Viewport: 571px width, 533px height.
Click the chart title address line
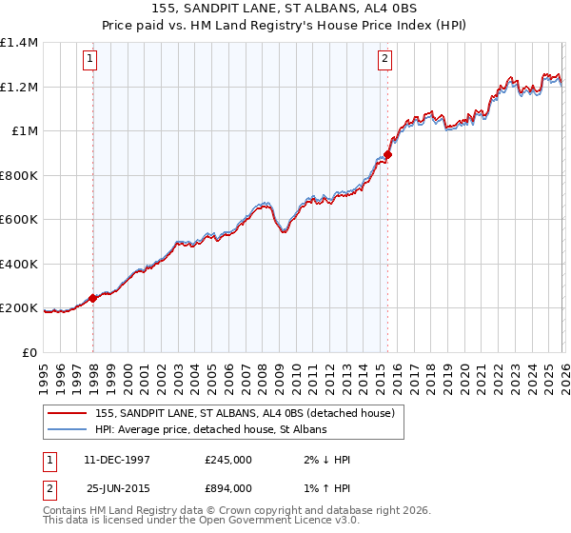pos(285,8)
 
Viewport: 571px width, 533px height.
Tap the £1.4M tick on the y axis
pos(19,43)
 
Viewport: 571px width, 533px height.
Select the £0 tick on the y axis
pos(31,352)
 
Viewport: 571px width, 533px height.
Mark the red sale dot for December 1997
pos(93,298)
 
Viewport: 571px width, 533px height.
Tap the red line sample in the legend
pos(69,412)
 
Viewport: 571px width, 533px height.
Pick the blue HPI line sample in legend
pos(69,430)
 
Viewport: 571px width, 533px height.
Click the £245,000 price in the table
pos(228,460)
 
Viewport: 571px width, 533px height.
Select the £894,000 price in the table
pos(228,487)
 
